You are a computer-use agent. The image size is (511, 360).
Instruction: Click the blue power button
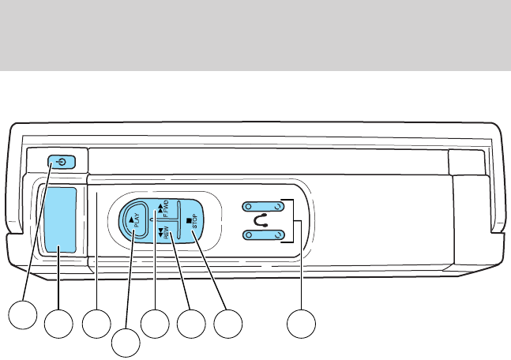63,162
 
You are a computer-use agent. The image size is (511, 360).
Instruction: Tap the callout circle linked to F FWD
155,324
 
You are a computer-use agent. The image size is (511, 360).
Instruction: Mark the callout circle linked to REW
191,324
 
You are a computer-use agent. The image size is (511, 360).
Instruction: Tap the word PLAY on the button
137,223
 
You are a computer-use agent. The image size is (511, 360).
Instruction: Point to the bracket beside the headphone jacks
295,220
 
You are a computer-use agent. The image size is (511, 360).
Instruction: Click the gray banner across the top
255,35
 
